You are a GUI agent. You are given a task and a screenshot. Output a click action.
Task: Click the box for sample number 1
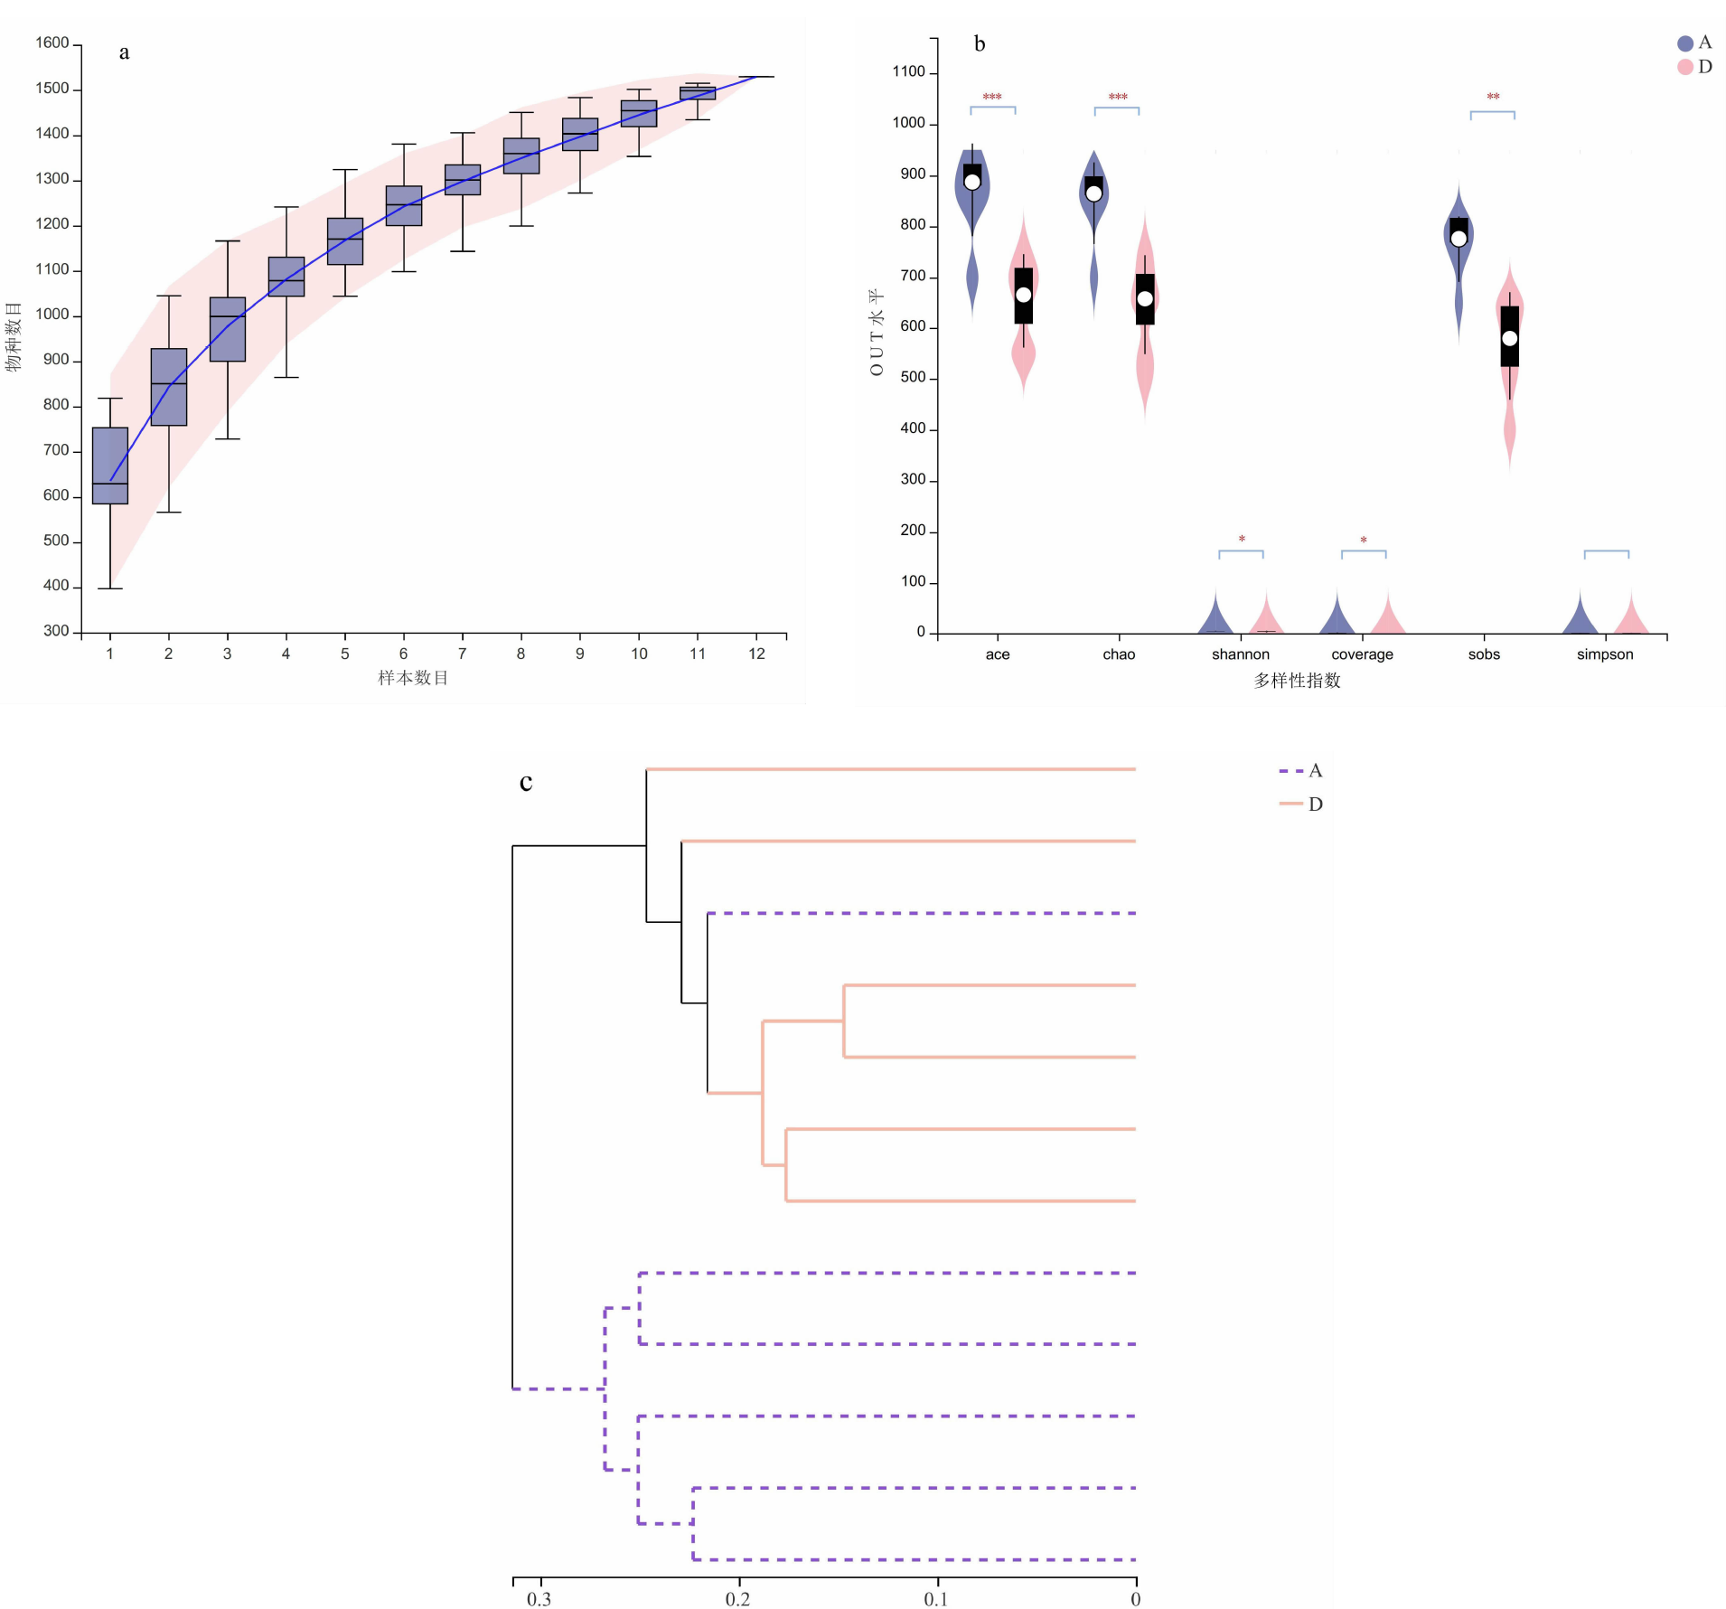(x=110, y=465)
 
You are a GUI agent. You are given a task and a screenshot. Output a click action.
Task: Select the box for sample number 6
(x=404, y=206)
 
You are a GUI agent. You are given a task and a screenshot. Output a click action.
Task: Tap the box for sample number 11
(x=698, y=93)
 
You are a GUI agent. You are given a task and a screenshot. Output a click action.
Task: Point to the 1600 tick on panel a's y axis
(x=52, y=43)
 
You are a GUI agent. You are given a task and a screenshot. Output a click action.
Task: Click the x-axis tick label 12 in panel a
(x=757, y=654)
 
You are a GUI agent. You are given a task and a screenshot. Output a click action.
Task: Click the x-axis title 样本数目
(x=413, y=678)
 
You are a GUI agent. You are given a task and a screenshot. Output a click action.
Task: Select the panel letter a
(x=124, y=52)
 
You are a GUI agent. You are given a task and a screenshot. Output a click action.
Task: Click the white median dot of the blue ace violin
(x=972, y=182)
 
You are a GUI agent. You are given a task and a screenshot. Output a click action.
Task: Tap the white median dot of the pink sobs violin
(x=1510, y=338)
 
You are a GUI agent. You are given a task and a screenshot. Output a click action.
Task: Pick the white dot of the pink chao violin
(x=1145, y=298)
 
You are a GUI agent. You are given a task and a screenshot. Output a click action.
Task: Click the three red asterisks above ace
(x=992, y=97)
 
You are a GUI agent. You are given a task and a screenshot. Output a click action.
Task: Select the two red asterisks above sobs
(x=1493, y=96)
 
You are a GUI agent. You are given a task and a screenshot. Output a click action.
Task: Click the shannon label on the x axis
(x=1241, y=654)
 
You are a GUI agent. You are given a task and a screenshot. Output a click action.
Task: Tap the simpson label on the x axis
(x=1605, y=654)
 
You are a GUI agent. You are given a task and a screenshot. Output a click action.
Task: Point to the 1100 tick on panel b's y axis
(x=909, y=72)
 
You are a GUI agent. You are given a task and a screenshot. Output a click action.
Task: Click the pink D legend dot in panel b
(x=1685, y=67)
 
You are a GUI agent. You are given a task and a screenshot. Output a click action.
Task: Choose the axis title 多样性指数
(x=1297, y=681)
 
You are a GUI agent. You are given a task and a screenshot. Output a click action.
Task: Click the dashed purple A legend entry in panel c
(x=1300, y=771)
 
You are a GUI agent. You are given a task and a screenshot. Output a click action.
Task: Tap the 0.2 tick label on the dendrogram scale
(x=737, y=1599)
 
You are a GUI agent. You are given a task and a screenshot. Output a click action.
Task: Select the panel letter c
(x=526, y=782)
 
